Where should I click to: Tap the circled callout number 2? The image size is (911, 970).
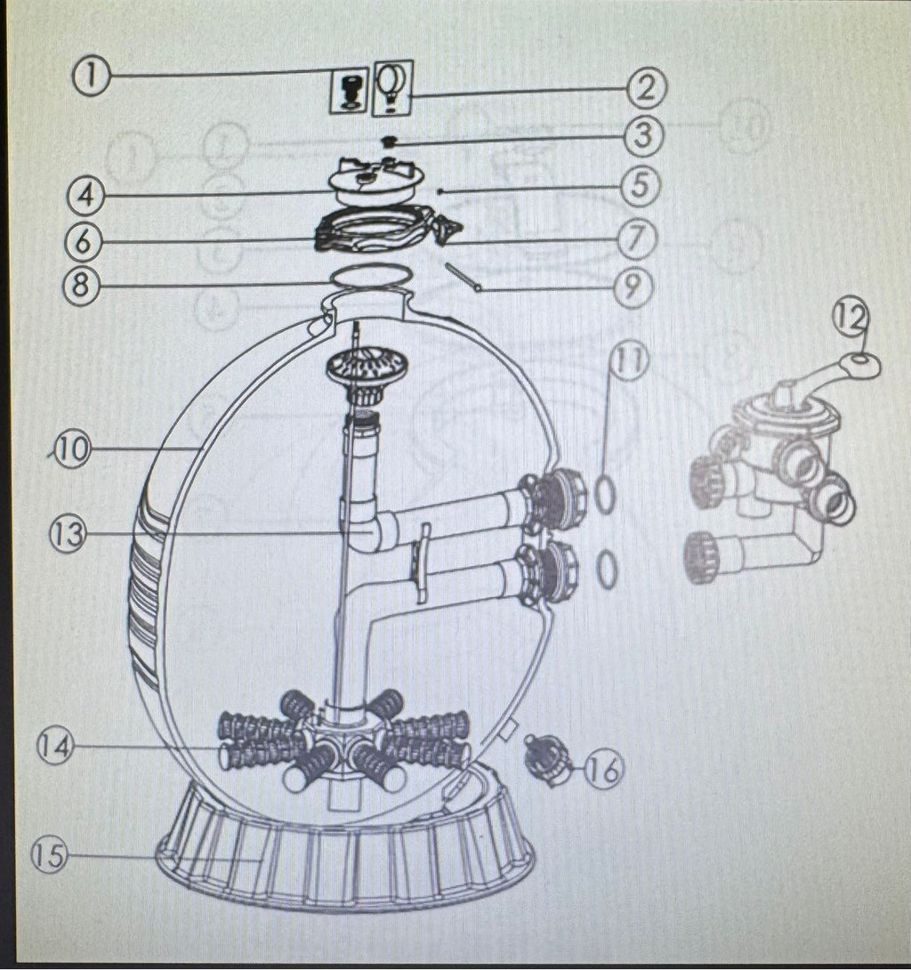point(646,88)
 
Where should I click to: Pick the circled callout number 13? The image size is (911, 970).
point(68,533)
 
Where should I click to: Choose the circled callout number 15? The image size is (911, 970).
point(50,855)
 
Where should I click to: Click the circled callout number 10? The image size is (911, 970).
point(72,449)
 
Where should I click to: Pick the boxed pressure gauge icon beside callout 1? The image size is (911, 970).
point(350,91)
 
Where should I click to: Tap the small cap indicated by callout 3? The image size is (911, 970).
point(389,142)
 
